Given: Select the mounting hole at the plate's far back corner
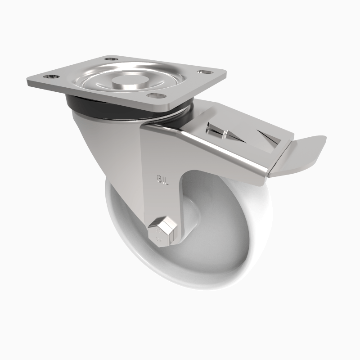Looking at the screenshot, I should pos(111,58).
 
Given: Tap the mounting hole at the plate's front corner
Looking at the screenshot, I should pos(154,95).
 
